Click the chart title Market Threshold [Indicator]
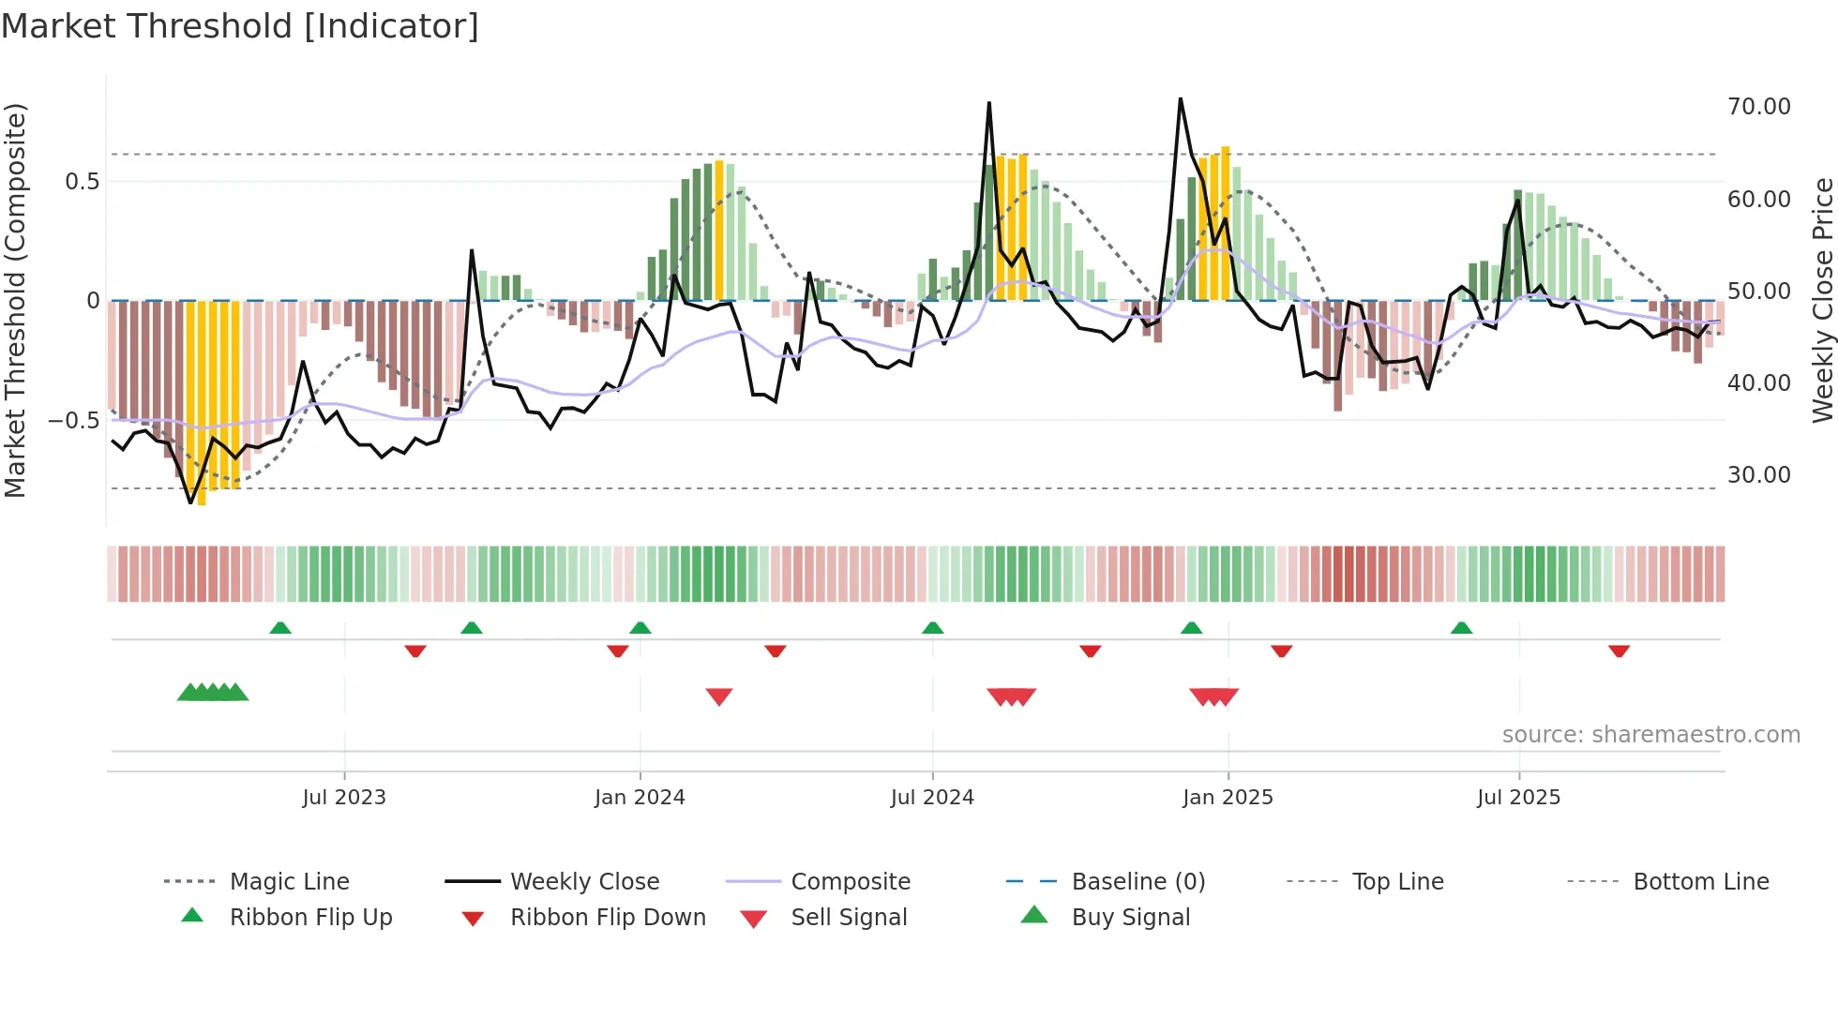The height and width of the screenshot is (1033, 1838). click(240, 26)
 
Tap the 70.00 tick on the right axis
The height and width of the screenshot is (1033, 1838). click(1758, 107)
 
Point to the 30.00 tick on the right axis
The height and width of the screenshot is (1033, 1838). click(1758, 475)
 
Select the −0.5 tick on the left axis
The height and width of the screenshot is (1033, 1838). click(74, 420)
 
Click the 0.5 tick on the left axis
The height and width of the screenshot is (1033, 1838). click(82, 181)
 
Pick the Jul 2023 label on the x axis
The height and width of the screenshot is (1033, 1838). click(344, 798)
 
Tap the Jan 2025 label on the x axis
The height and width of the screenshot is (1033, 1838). click(1228, 798)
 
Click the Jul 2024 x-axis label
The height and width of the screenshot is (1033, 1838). click(932, 798)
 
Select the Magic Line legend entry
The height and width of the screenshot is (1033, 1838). click(289, 882)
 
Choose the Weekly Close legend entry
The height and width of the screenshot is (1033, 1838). click(584, 882)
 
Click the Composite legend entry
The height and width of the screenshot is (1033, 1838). click(851, 882)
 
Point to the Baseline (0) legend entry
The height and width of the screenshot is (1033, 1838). click(1137, 882)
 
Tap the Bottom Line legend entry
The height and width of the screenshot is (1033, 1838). click(1700, 882)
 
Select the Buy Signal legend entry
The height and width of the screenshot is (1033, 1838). click(1130, 918)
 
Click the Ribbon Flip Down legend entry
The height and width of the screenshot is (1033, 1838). click(608, 918)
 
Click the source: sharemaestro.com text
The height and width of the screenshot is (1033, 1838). click(1650, 735)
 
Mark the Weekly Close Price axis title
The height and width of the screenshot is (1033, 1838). click(1822, 300)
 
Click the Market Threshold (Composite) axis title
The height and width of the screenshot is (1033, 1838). click(15, 300)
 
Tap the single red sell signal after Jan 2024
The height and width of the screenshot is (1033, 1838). click(719, 696)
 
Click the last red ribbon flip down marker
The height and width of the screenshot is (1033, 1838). click(1619, 651)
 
